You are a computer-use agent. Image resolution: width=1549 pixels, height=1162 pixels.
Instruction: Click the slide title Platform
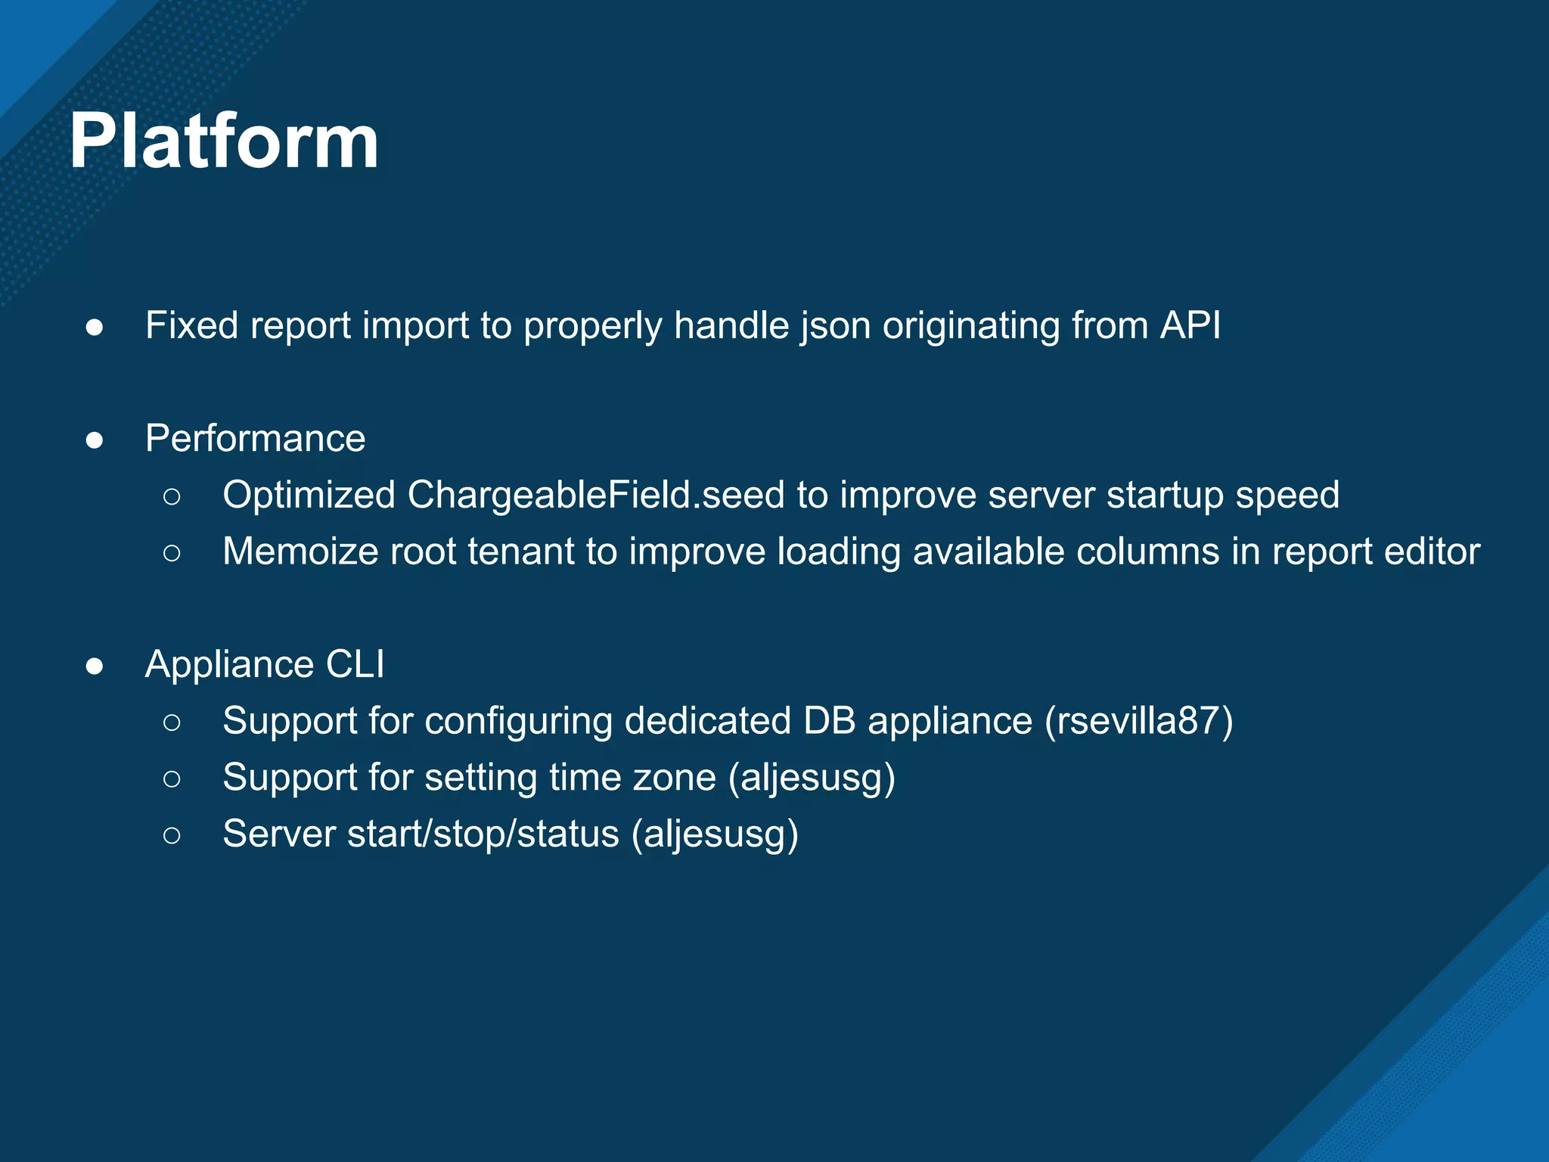[224, 141]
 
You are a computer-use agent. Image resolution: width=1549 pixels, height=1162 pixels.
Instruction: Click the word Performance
[255, 439]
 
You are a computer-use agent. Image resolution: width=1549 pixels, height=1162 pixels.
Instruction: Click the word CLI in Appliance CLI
[355, 665]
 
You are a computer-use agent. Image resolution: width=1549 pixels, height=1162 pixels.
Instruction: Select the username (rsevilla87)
[1139, 721]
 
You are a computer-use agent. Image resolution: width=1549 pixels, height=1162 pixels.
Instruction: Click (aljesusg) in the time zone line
[812, 778]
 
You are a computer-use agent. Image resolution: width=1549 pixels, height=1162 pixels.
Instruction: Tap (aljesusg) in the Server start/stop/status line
[715, 834]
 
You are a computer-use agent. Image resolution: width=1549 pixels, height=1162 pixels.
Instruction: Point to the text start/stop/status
[483, 834]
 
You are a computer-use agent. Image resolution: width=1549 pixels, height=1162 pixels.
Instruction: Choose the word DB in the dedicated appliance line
[829, 721]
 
